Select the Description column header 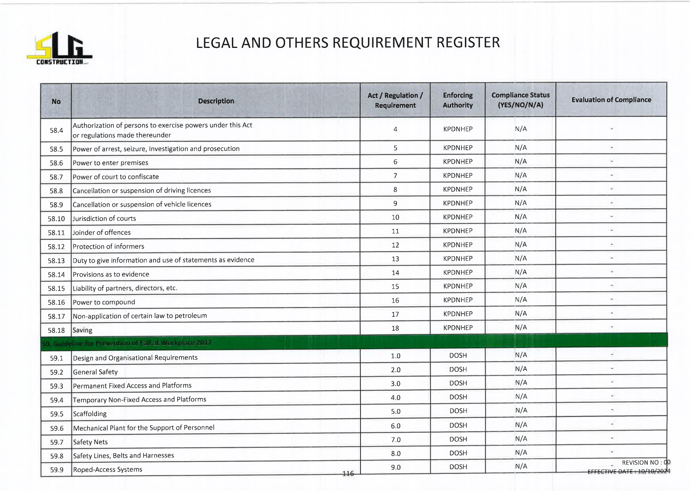[x=216, y=101]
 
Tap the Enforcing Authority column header [x=457, y=100]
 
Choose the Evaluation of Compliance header [x=611, y=100]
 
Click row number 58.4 [x=56, y=130]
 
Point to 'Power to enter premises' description [x=110, y=163]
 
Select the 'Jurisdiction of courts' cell [x=104, y=219]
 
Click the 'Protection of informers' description [x=108, y=246]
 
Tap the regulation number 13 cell [x=395, y=259]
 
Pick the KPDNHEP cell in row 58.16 [x=458, y=300]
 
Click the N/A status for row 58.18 [x=521, y=327]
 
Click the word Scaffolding [x=90, y=414]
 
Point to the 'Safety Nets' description [x=90, y=442]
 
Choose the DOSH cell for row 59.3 [x=458, y=383]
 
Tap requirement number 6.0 [x=396, y=426]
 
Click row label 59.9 [x=57, y=470]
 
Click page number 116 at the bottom [x=348, y=474]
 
